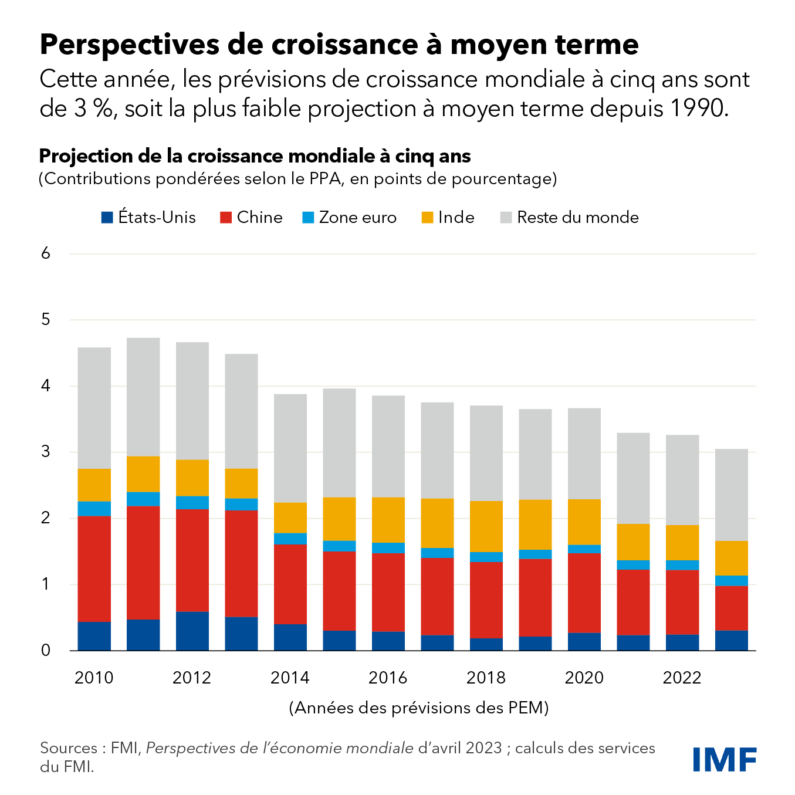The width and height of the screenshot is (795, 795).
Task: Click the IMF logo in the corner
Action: click(725, 760)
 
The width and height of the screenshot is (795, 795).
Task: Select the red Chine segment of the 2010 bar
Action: click(94, 568)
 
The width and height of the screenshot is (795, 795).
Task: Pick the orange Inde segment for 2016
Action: click(388, 520)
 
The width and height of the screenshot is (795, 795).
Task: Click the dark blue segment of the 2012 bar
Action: click(192, 631)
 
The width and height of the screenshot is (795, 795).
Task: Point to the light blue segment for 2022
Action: click(682, 565)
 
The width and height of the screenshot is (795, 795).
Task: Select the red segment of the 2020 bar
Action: click(584, 593)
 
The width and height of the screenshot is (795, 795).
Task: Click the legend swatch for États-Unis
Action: click(107, 218)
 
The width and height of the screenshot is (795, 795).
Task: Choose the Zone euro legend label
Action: click(358, 218)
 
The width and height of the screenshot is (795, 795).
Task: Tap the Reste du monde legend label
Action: click(578, 218)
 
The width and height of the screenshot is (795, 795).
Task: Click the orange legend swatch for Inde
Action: click(427, 218)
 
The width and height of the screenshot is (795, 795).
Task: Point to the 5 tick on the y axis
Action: click(46, 320)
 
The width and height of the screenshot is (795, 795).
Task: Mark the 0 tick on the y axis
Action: click(46, 650)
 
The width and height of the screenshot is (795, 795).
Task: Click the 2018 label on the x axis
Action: click(486, 678)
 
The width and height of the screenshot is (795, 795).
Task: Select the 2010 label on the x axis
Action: click(94, 678)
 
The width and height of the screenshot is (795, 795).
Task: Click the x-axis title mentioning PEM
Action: click(419, 708)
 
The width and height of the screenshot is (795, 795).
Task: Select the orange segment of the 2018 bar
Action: click(486, 526)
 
